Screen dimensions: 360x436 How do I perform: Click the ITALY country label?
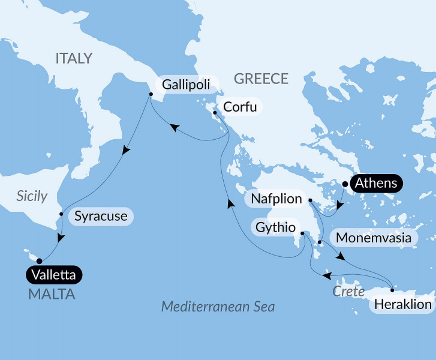coord(74,58)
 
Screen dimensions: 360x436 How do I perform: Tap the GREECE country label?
coord(261,79)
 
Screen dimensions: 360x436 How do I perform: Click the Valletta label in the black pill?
coord(54,275)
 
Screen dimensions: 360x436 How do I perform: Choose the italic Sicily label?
coord(32,196)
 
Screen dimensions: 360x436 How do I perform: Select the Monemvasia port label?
coord(374,238)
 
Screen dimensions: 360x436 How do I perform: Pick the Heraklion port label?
coord(402,304)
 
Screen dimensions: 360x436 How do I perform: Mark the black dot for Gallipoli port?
coord(151,94)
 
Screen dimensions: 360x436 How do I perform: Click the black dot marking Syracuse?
coord(61,214)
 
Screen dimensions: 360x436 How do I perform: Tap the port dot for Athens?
coord(345,184)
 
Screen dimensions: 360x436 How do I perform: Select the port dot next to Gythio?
coord(303,233)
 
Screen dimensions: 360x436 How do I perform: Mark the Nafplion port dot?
coord(310,200)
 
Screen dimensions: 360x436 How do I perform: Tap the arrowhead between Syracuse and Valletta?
coord(59,238)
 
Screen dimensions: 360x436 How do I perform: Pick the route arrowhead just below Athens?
coord(339,206)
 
